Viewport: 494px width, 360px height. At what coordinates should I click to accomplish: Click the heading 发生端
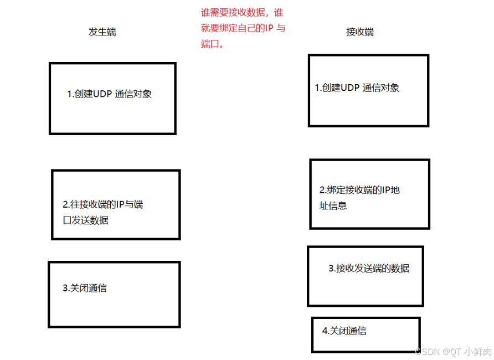[x=102, y=32]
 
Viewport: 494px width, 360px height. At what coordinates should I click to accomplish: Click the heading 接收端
[x=360, y=32]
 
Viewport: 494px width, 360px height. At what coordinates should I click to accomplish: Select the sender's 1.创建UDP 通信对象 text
[x=110, y=94]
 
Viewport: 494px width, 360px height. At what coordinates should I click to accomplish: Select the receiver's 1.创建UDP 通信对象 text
[x=357, y=88]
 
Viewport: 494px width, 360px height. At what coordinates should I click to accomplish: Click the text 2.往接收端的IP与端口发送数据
[x=103, y=212]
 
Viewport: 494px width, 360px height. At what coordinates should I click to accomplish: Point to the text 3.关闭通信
[x=85, y=288]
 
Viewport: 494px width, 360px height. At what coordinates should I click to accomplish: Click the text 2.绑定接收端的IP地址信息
[x=359, y=198]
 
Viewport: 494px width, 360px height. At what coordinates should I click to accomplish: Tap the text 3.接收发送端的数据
[x=369, y=269]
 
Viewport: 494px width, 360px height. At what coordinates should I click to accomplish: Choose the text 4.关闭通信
[x=344, y=331]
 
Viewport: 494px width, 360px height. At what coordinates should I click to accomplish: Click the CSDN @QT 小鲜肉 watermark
[x=452, y=352]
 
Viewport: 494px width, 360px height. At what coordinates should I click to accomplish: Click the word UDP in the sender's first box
[x=102, y=94]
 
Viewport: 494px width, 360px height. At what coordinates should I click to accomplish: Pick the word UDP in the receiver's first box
[x=350, y=88]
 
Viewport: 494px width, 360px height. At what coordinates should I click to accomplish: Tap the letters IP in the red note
[x=268, y=28]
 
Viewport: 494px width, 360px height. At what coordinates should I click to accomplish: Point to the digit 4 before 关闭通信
[x=325, y=331]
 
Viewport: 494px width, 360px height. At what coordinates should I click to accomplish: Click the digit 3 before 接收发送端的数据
[x=331, y=269]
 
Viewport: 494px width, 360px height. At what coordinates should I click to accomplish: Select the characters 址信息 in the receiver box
[x=333, y=205]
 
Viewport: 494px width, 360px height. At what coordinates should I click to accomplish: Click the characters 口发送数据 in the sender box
[x=86, y=220]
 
